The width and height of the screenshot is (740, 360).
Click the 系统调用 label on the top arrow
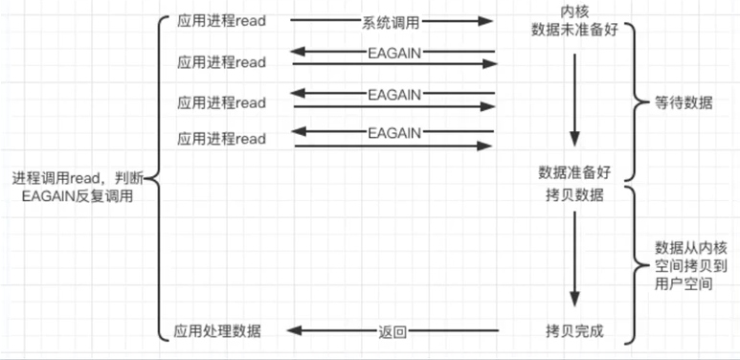393,20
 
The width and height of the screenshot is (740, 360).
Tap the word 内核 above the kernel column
573,11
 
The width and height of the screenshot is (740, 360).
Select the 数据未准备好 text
573,30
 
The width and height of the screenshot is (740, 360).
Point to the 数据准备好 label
573,173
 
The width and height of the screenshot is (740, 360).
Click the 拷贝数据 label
573,194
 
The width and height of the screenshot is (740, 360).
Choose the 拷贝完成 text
573,331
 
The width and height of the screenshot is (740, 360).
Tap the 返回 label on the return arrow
393,332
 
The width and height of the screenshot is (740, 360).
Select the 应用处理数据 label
217,331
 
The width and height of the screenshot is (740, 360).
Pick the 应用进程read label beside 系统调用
221,20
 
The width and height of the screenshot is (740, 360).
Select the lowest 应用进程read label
221,139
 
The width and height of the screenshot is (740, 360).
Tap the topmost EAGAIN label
393,54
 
